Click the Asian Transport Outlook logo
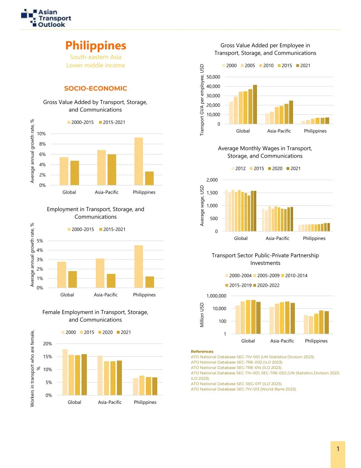(x=46, y=18)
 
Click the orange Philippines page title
(x=96, y=46)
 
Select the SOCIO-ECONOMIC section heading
(x=95, y=88)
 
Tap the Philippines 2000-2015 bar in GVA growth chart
(x=139, y=161)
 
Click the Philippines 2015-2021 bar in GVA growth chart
(x=149, y=178)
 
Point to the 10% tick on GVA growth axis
(x=42, y=134)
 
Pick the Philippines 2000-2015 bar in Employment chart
(x=139, y=266)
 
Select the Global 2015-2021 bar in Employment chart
(x=73, y=279)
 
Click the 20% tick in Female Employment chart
(x=48, y=344)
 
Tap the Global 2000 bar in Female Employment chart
(x=65, y=372)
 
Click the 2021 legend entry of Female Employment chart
(x=123, y=332)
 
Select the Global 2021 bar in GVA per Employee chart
(x=255, y=104)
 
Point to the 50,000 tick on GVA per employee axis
(x=213, y=77)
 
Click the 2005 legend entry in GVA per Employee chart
(x=248, y=66)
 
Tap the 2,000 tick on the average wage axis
(x=212, y=180)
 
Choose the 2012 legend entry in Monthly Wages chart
(x=238, y=169)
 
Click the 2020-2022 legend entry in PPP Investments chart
(x=266, y=285)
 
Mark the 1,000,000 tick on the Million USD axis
(x=217, y=296)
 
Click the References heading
(x=202, y=352)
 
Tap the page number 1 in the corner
(x=338, y=449)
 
